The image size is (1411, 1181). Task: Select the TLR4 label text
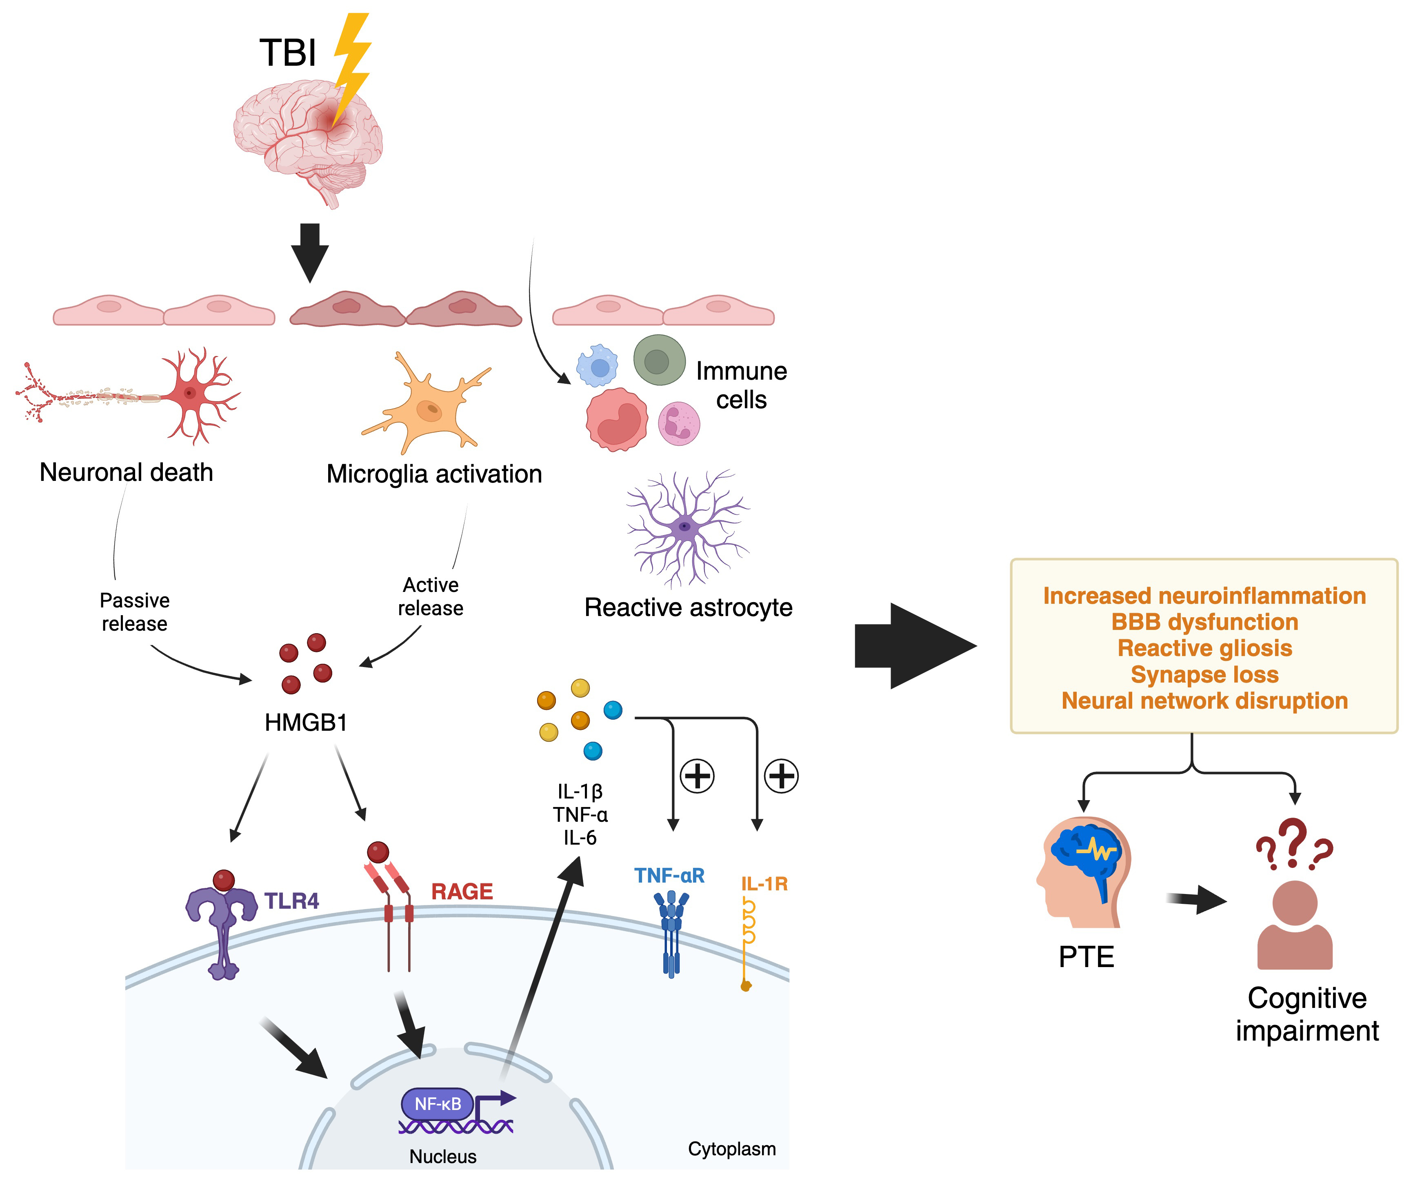(x=291, y=901)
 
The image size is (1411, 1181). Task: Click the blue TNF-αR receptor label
(x=669, y=876)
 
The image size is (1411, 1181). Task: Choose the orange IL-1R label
(x=764, y=884)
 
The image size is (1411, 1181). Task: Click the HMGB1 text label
(x=306, y=723)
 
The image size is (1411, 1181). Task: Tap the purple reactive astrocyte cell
(x=685, y=526)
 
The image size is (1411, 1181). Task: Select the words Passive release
(x=134, y=612)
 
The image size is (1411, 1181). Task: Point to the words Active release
(x=431, y=596)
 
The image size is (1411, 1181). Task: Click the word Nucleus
(x=443, y=1156)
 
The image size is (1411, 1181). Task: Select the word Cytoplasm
(x=732, y=1149)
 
